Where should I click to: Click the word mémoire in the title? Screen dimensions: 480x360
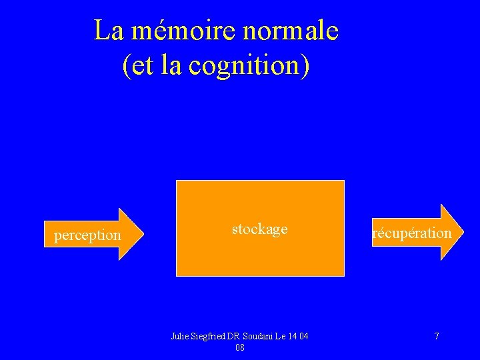click(166, 31)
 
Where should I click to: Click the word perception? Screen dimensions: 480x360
click(87, 235)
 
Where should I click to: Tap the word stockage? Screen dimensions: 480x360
click(259, 229)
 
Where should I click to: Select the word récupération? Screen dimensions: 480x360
click(412, 233)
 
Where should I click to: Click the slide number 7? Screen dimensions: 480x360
click(437, 336)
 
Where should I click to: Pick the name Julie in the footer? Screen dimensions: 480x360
click(180, 336)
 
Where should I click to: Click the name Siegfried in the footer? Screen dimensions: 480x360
click(208, 336)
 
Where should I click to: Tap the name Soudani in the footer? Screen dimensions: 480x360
click(255, 336)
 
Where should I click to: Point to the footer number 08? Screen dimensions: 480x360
click(240, 347)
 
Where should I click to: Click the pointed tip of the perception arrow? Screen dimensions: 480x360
click(143, 234)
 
